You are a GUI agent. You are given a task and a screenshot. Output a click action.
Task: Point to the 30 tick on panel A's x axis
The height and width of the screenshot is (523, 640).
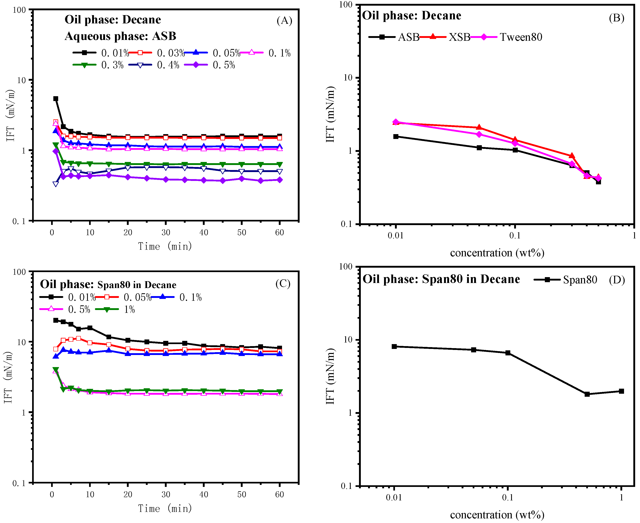point(166,233)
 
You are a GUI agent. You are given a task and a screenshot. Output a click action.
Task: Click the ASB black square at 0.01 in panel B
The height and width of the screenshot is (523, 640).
point(396,137)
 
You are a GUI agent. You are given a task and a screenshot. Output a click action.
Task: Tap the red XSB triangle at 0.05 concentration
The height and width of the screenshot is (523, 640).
point(479,127)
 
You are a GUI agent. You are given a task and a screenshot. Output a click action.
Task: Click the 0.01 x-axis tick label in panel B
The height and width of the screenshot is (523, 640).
point(395,235)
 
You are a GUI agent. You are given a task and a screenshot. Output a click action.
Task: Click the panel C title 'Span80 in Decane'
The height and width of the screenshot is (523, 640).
point(137,285)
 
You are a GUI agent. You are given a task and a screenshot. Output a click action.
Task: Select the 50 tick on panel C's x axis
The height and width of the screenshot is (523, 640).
point(241,494)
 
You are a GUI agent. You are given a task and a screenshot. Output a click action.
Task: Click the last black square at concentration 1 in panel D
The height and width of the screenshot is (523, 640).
point(621,391)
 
